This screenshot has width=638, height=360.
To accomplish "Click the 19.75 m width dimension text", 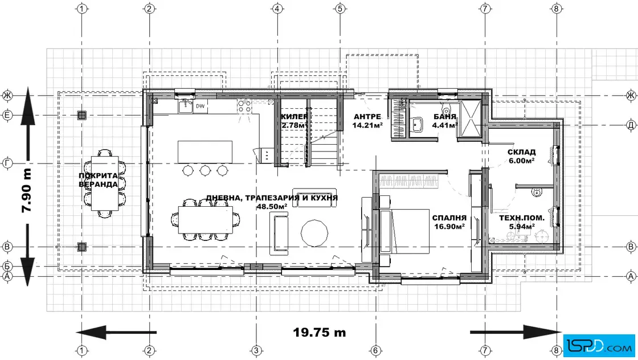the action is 320,332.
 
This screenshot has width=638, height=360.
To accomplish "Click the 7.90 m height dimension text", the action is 26,190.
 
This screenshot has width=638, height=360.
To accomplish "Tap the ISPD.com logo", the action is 599,346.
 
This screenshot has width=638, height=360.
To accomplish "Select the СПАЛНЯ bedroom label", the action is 449,218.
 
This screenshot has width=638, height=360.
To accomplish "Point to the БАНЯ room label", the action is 445,117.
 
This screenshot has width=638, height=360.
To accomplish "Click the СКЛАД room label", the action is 521,152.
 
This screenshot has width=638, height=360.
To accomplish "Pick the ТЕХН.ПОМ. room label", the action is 522,218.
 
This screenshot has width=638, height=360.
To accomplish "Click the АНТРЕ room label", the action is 367,117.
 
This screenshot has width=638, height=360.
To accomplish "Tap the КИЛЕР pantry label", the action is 294,117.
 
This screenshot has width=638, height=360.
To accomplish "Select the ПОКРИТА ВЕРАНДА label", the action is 98,180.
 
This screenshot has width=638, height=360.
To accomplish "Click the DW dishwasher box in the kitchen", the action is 200,106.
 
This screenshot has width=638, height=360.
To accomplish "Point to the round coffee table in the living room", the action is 314,232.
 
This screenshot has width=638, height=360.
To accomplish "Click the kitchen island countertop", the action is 205,152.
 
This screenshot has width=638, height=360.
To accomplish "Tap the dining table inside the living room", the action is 206,220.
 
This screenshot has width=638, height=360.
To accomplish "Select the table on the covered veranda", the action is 105,183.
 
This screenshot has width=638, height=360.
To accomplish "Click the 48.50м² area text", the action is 272,207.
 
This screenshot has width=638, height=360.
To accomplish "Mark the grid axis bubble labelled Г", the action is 7,163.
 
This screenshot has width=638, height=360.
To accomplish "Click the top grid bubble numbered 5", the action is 340,8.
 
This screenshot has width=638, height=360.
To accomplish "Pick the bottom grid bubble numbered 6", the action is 375,350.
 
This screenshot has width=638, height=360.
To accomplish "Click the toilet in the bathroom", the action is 447,110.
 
